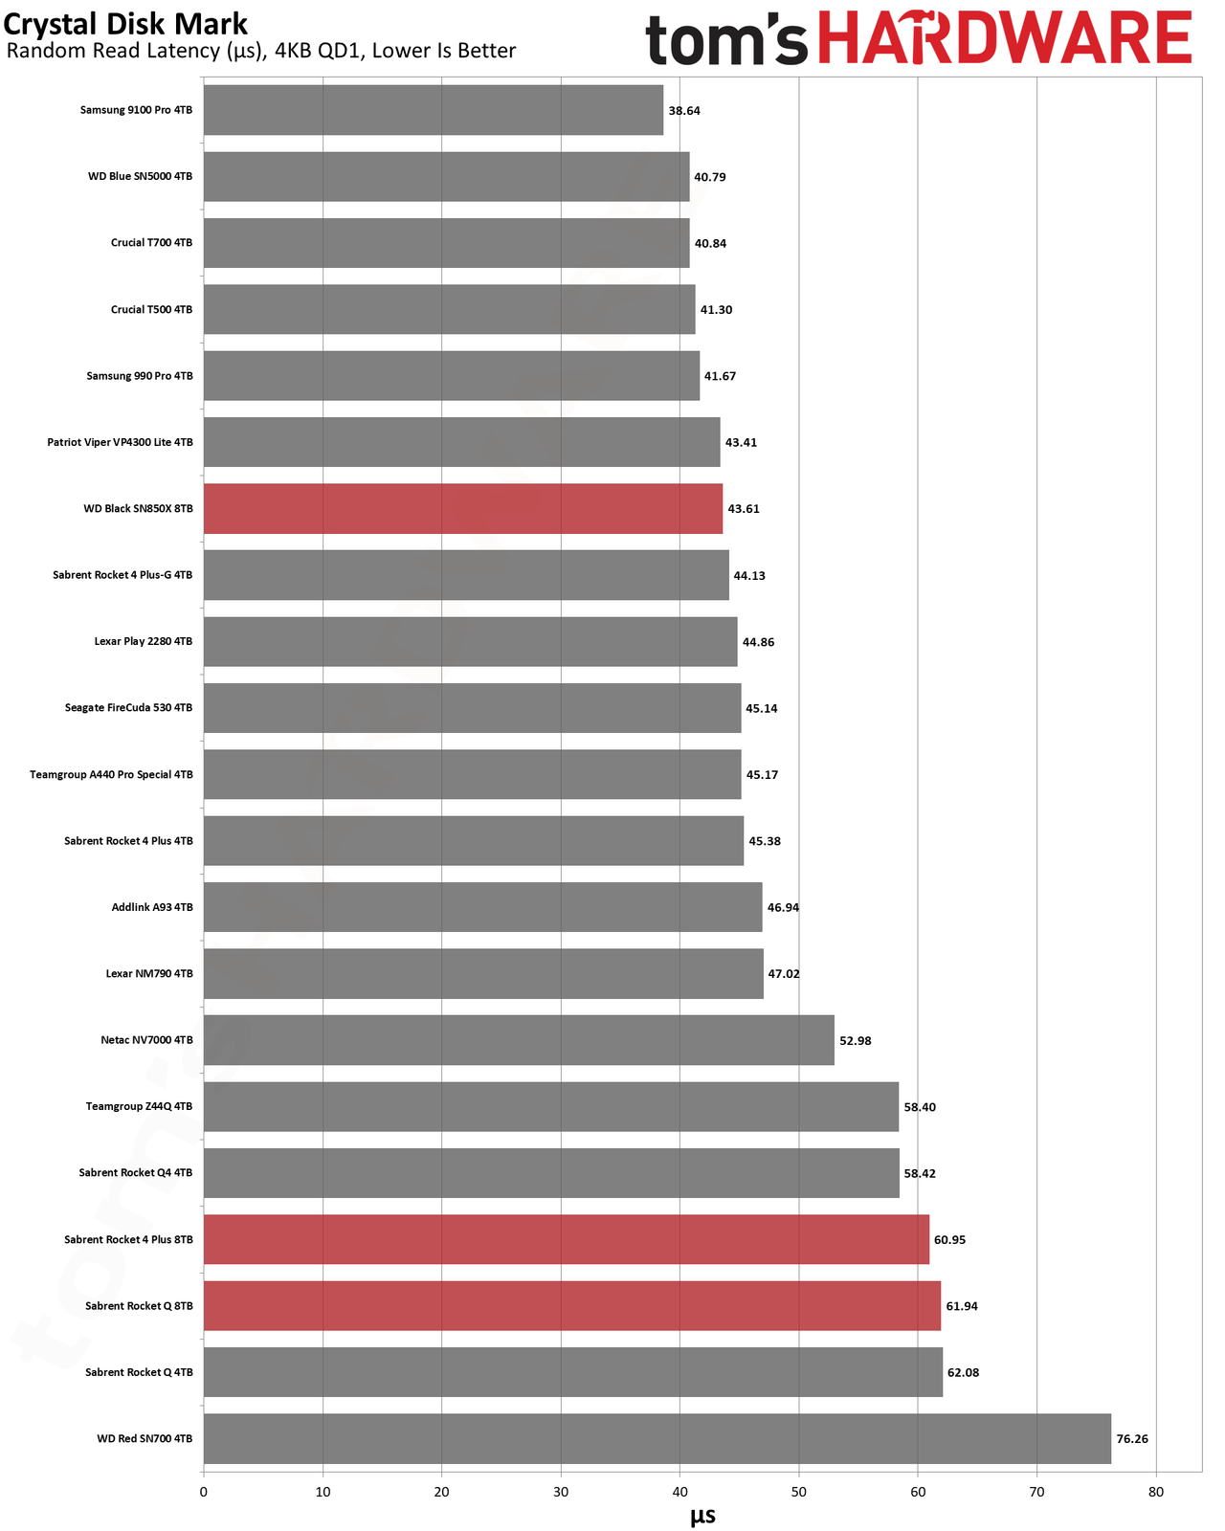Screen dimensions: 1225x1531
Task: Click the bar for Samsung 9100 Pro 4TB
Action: click(433, 109)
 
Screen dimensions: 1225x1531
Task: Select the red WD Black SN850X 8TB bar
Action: click(462, 508)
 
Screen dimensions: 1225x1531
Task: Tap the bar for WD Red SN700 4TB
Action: click(657, 1438)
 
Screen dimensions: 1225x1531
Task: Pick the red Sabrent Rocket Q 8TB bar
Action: click(571, 1305)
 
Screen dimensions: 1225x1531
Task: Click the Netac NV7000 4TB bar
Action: click(519, 1039)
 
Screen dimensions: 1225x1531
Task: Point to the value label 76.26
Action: click(1132, 1438)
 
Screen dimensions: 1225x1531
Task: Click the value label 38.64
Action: click(684, 110)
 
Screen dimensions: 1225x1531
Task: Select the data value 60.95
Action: click(949, 1239)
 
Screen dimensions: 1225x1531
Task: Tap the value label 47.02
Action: click(783, 973)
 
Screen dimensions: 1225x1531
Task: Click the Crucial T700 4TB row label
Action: click(151, 243)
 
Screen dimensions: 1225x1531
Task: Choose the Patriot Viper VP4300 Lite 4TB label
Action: click(120, 442)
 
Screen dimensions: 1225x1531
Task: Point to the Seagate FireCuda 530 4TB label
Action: click(128, 707)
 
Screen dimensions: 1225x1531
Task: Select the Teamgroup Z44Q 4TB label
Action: click(139, 1106)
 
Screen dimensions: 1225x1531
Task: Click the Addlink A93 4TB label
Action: click(151, 907)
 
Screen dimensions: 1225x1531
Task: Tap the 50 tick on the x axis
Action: click(798, 1492)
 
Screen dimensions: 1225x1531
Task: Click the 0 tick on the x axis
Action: click(204, 1492)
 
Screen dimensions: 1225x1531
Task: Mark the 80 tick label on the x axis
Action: click(1156, 1492)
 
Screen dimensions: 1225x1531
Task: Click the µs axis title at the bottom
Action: click(702, 1516)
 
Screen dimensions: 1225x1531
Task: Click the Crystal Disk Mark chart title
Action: click(125, 24)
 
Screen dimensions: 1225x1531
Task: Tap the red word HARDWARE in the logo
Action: click(1005, 37)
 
